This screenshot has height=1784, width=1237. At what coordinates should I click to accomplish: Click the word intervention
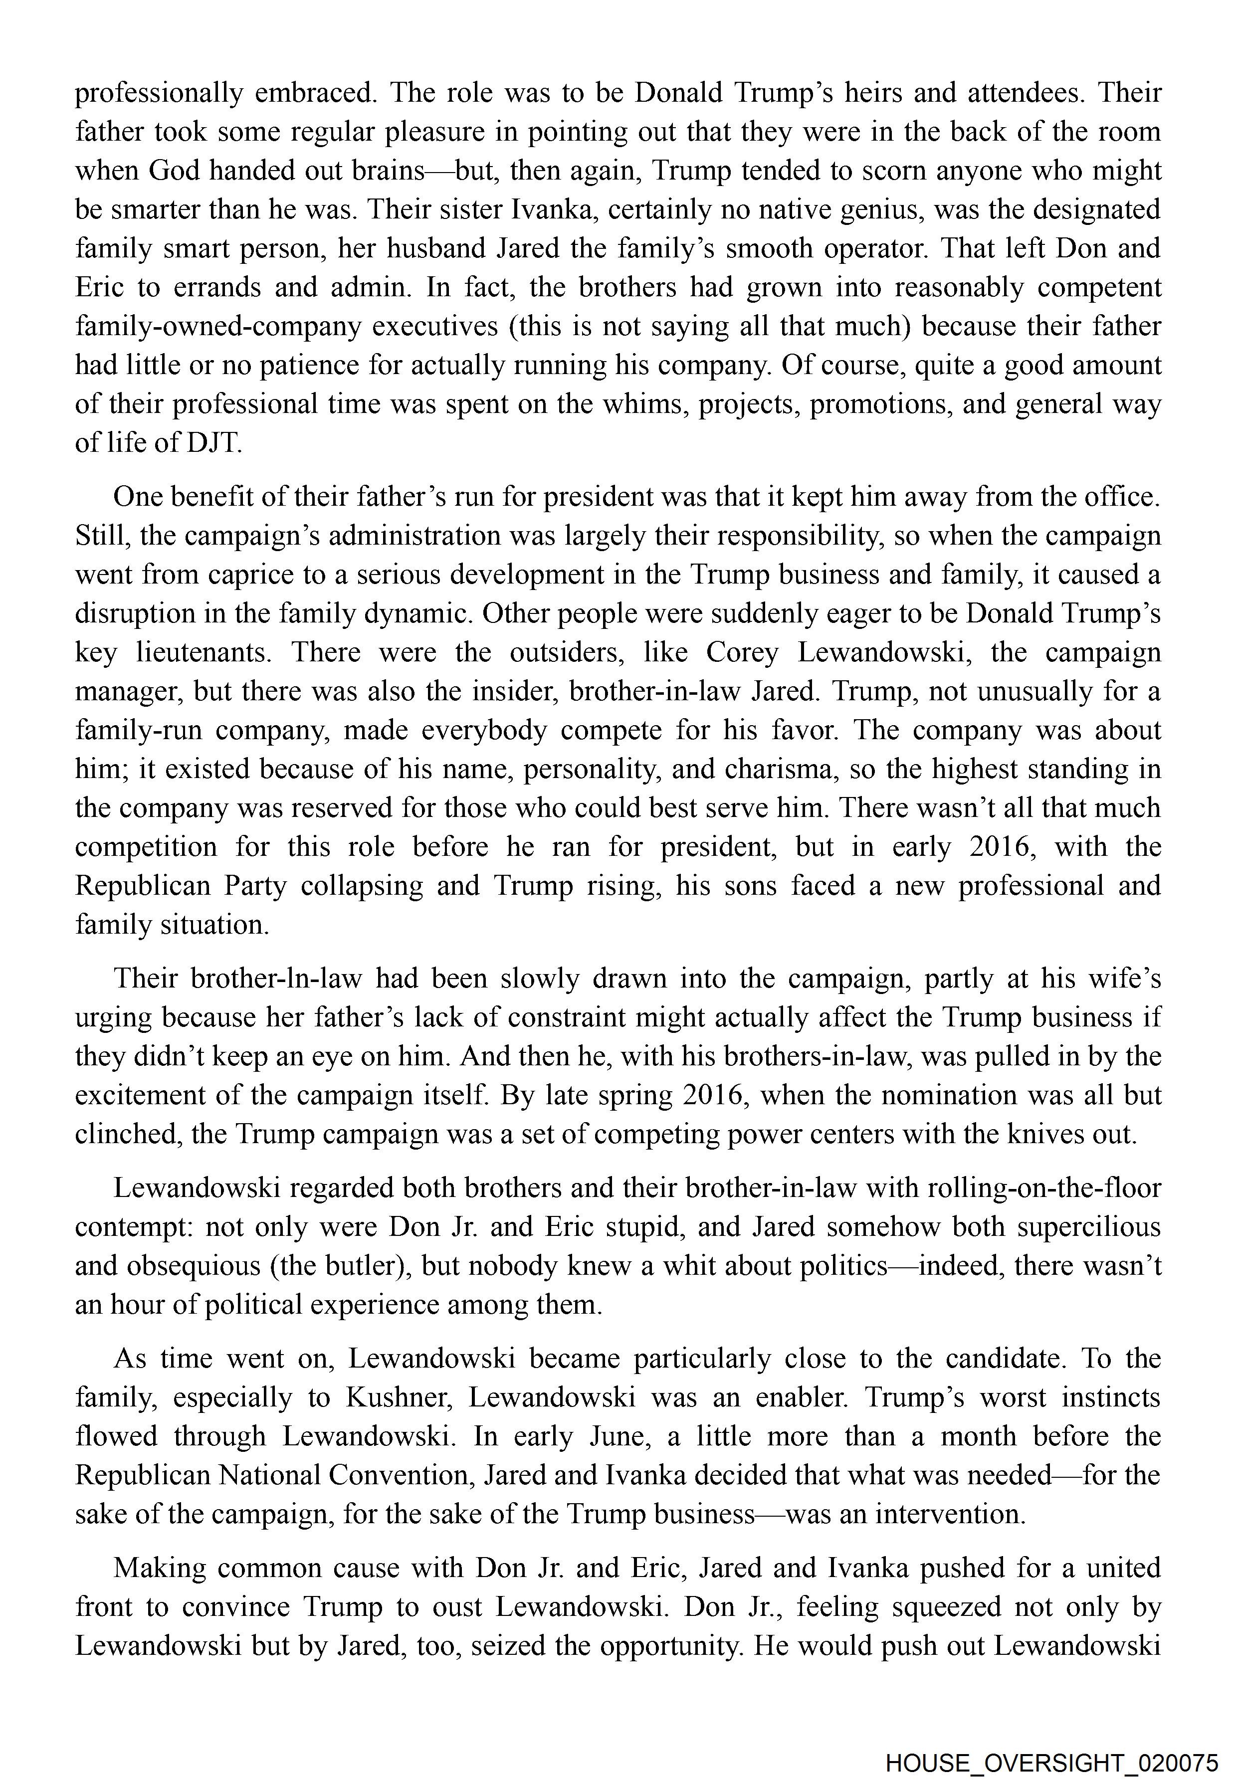pos(950,1514)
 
